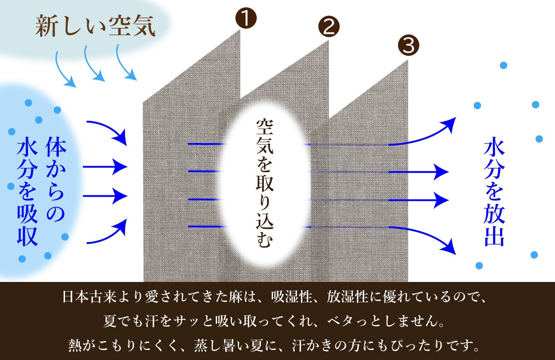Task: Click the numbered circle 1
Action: [x=245, y=18]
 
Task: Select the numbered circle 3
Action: [x=408, y=45]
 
